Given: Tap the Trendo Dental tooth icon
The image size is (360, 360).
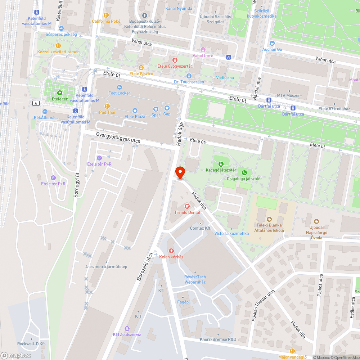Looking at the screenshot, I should click(x=187, y=206).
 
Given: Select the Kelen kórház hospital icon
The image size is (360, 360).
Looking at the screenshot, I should click(x=171, y=251).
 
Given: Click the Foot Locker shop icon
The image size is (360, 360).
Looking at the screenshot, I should click(x=120, y=87).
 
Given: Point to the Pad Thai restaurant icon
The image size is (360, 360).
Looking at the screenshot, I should click(x=107, y=106).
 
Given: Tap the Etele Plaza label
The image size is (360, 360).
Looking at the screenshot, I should click(x=135, y=117).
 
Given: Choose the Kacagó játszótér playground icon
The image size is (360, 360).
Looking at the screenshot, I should click(x=221, y=164).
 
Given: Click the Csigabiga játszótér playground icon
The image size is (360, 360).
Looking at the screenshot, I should click(x=244, y=172).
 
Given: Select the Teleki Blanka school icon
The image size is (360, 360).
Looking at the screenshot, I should click(x=269, y=219).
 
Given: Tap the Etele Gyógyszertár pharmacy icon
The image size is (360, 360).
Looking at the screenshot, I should click(x=175, y=60).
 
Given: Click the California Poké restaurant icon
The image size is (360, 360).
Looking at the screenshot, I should click(x=106, y=15).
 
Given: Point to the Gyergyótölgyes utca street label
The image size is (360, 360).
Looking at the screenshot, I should click(x=118, y=138).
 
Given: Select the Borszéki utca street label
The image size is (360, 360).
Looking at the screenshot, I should click(x=144, y=267).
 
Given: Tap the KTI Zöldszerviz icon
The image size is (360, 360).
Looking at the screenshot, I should click(x=127, y=328).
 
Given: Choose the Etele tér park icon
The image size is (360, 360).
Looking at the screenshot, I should click(x=60, y=93).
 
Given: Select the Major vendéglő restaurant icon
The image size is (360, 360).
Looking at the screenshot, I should click(x=292, y=351).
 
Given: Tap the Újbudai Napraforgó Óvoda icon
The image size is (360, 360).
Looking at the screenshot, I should click(x=316, y=221).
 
